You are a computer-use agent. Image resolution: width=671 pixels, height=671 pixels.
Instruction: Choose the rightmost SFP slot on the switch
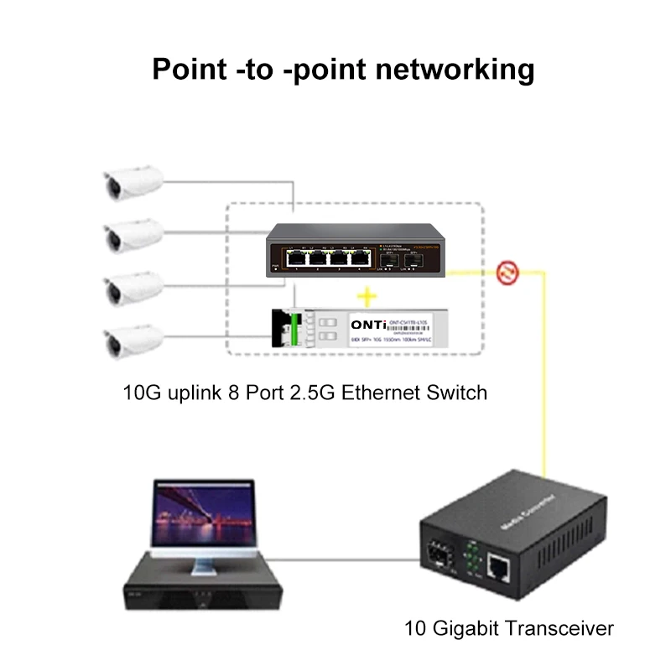pos(413,261)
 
